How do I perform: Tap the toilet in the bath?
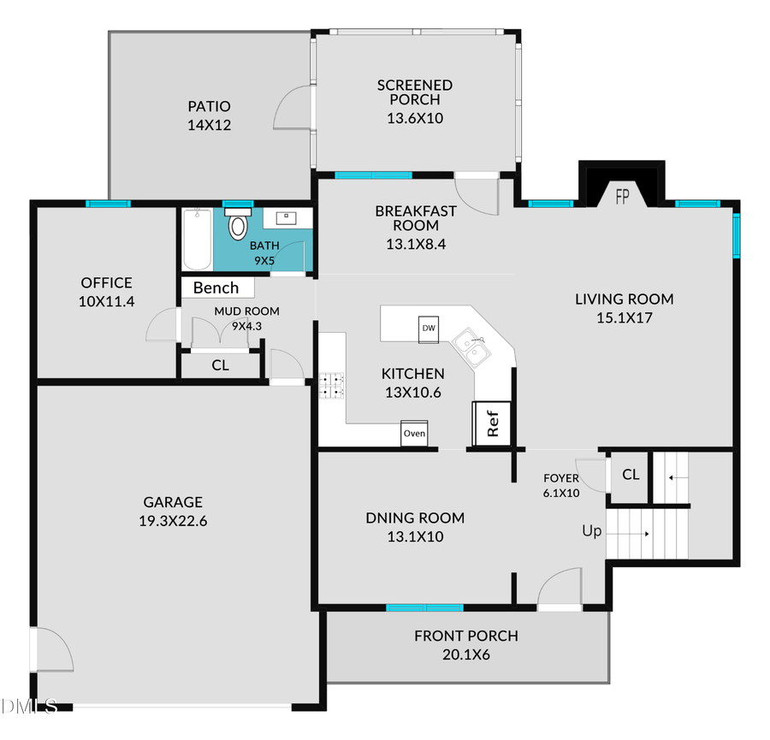point(237,225)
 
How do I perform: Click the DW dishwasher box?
point(429,329)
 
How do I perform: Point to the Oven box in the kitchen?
point(414,434)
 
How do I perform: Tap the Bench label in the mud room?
point(216,287)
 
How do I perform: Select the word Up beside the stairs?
point(592,531)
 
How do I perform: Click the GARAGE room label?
point(173,502)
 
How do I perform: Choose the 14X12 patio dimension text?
point(210,125)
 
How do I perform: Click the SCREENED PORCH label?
point(415,92)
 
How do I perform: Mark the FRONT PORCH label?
point(466,636)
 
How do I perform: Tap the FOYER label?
point(561,478)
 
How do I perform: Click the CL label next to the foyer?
point(631,475)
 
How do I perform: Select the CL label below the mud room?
point(220,365)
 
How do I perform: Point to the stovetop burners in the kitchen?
point(331,386)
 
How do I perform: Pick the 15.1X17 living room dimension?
point(624,317)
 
